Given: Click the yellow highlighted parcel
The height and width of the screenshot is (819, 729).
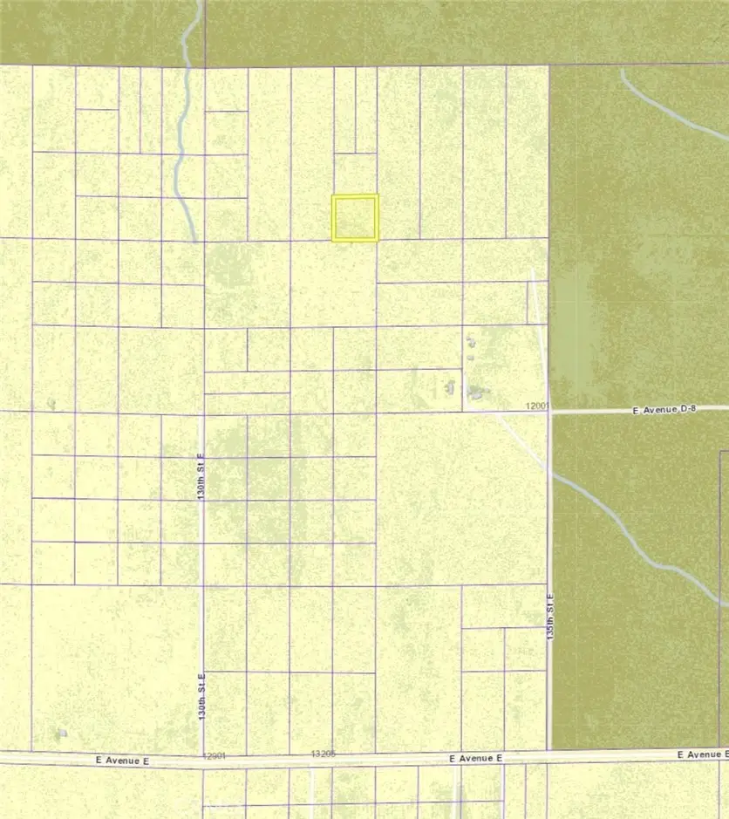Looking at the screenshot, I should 355,217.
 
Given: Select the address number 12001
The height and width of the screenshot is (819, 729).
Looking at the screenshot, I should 540,406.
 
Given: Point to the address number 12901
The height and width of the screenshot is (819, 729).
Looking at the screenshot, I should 215,756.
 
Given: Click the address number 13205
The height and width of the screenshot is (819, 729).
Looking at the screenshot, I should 323,753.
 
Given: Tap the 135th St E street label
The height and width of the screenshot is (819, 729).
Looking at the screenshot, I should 550,618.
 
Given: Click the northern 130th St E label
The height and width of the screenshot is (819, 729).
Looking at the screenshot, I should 201,476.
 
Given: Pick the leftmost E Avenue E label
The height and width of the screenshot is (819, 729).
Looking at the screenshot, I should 123,761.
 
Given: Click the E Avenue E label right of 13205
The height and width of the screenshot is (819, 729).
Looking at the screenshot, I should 476,759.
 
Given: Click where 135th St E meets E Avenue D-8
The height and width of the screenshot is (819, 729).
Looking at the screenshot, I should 549,411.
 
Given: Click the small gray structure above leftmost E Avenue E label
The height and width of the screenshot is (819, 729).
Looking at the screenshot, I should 60,733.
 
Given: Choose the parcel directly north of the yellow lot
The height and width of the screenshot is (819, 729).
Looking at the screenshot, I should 355,174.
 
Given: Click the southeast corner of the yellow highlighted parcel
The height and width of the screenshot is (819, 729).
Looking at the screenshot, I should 377,239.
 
